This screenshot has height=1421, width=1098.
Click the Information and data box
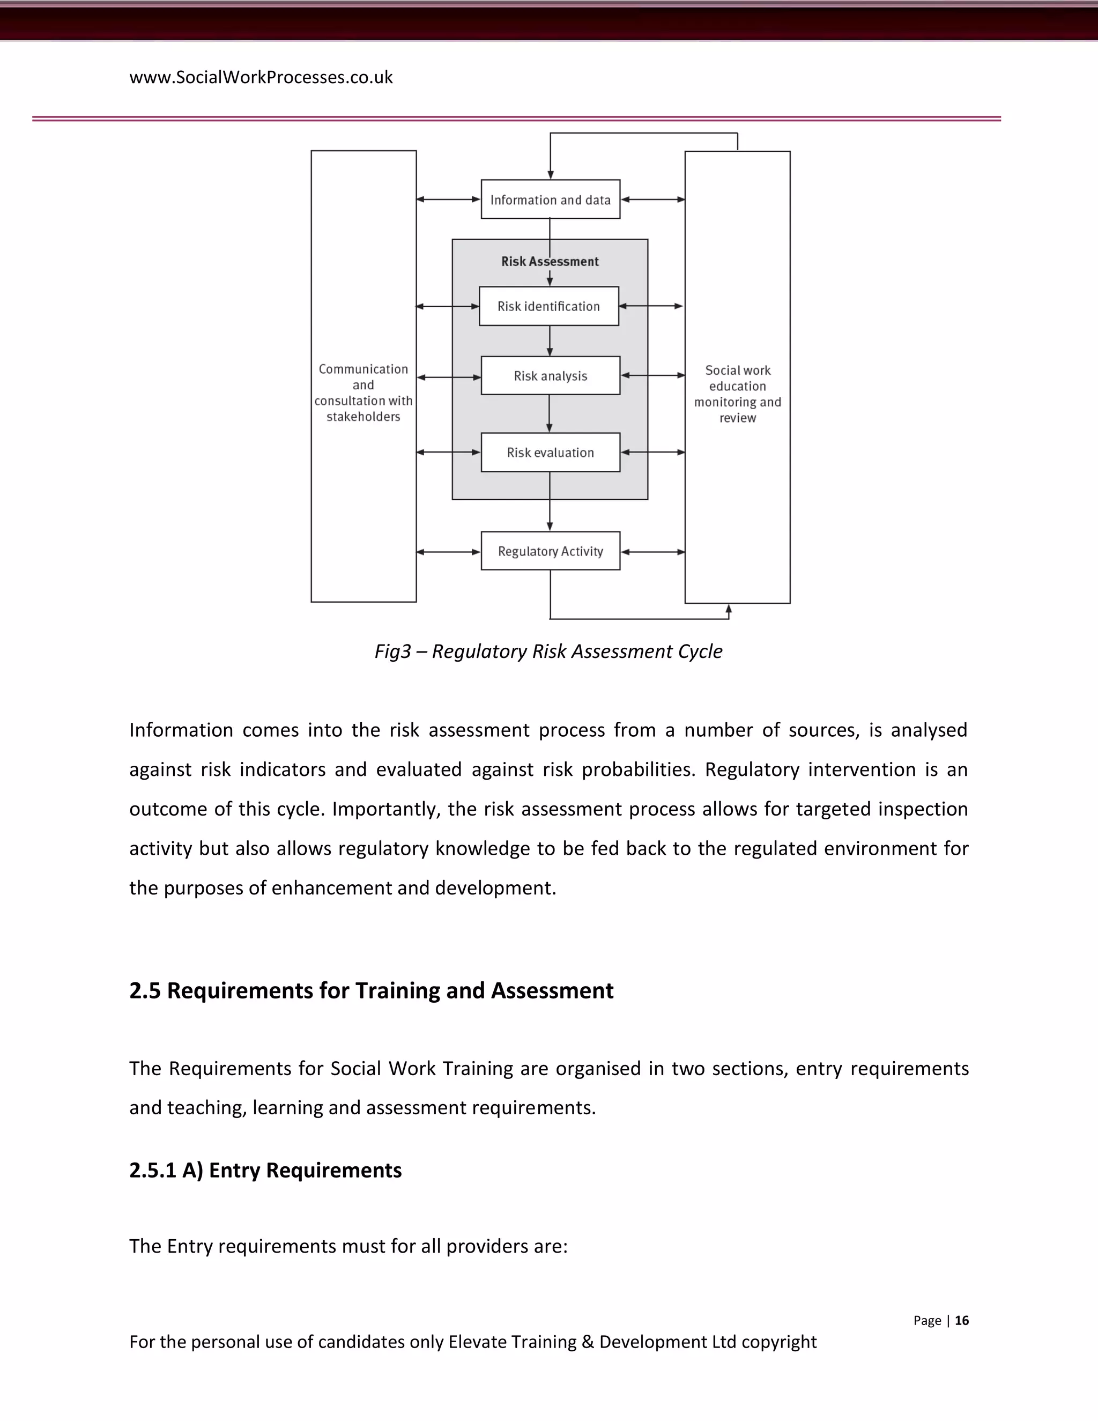[550, 200]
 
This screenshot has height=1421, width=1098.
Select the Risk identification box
[549, 306]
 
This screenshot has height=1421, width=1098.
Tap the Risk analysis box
[550, 376]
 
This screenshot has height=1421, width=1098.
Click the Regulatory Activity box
[550, 552]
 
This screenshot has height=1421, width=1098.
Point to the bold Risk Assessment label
[550, 262]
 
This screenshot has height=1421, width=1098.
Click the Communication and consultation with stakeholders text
[363, 393]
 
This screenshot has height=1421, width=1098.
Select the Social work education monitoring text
[738, 394]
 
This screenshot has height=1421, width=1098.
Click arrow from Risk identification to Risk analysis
[550, 341]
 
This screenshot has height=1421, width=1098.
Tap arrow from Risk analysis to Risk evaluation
[550, 414]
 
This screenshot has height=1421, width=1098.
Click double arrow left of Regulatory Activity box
[448, 552]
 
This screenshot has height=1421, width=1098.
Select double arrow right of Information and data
[652, 200]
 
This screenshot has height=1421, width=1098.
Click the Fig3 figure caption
[548, 652]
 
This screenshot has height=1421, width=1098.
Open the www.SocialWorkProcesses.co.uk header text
[261, 77]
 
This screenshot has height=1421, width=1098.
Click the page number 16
[961, 1320]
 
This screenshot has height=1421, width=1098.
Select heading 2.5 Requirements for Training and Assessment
[372, 991]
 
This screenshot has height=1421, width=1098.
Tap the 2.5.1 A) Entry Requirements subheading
[265, 1171]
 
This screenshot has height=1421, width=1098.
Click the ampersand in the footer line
[588, 1342]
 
